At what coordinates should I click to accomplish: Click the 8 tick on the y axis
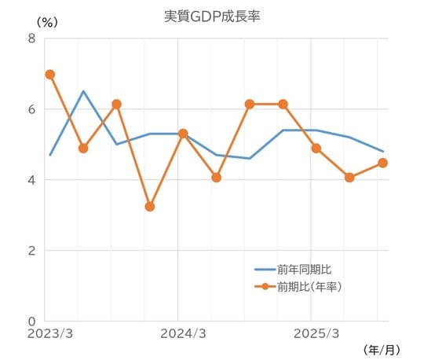pyautogui.click(x=31, y=39)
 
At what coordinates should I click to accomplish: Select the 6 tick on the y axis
pyautogui.click(x=31, y=109)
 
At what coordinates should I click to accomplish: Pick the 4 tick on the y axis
pyautogui.click(x=31, y=180)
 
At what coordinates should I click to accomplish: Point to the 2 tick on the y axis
pyautogui.click(x=31, y=251)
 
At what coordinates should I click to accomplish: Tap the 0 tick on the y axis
pyautogui.click(x=31, y=321)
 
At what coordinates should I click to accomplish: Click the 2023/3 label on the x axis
pyautogui.click(x=49, y=334)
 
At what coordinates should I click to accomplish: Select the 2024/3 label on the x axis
pyautogui.click(x=182, y=334)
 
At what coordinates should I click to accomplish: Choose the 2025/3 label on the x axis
pyautogui.click(x=316, y=334)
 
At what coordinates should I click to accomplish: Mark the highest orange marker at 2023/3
pyautogui.click(x=49, y=75)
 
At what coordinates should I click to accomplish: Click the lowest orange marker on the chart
pyautogui.click(x=150, y=207)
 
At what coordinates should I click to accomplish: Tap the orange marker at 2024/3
pyautogui.click(x=183, y=134)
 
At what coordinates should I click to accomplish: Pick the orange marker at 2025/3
pyautogui.click(x=316, y=148)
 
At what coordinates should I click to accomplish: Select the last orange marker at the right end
pyautogui.click(x=382, y=163)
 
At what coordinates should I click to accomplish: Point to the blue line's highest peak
pyautogui.click(x=83, y=91)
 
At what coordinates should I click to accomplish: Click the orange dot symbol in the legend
pyautogui.click(x=265, y=286)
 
